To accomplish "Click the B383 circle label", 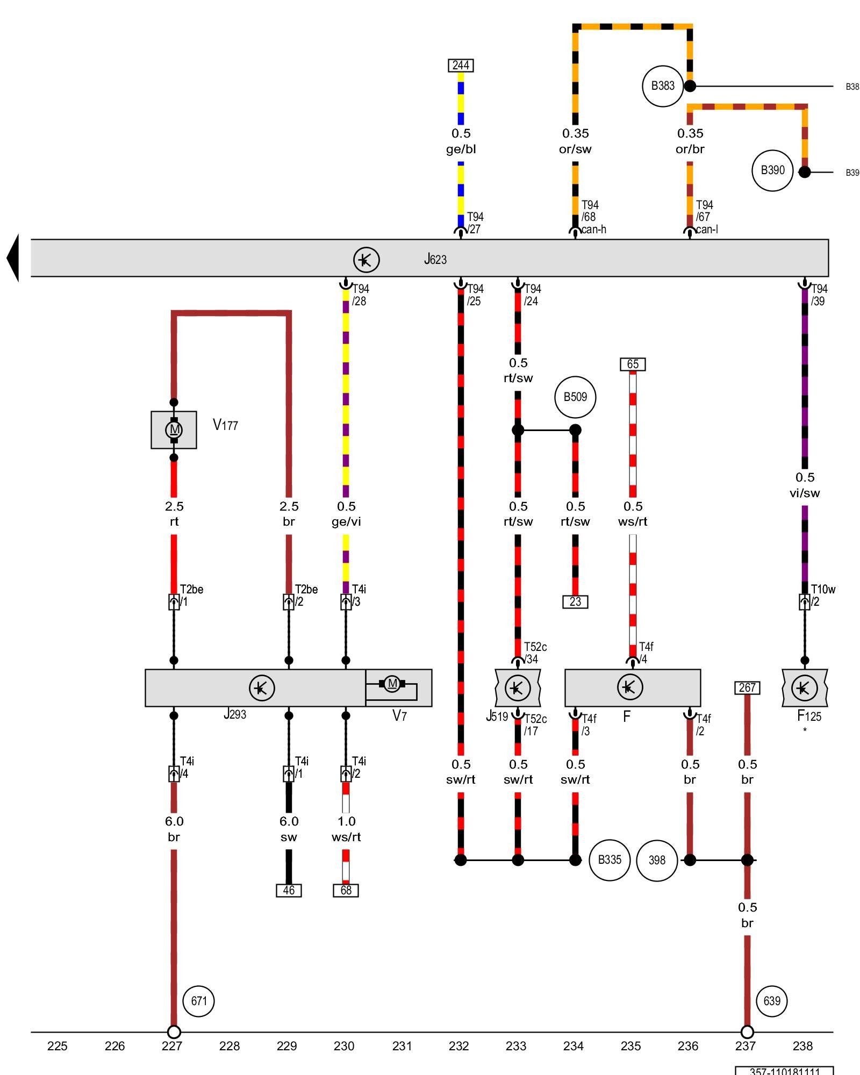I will pos(663,86).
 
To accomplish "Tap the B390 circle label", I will pos(772,170).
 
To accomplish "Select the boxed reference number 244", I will pos(461,66).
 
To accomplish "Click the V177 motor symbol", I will pos(174,429).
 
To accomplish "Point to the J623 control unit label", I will pos(435,260).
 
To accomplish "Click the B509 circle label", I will pos(575,397).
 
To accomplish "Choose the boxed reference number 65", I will pos(633,364).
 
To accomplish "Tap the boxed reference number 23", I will pos(575,602).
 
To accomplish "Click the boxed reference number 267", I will pos(747,687).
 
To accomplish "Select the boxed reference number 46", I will pos(289,891).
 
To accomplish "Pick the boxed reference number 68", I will pos(346,891).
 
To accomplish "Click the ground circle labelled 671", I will pos(199,1001).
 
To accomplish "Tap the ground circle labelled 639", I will pos(772,1001).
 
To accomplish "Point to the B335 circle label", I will pos(610,860).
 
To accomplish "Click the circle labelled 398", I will pos(657,861).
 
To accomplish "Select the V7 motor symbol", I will pos(392,684).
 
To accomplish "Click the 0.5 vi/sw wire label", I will pos(805,485).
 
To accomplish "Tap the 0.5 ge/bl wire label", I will pos(461,141).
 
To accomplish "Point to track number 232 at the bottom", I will pos(458,1046).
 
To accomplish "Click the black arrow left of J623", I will pos(13,258).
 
